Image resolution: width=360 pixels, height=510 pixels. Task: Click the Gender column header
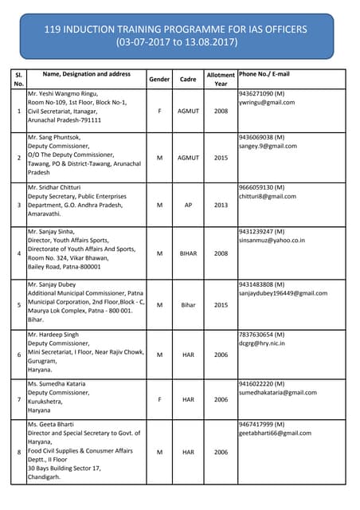tap(159, 79)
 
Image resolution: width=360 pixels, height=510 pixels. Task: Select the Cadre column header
tap(188, 79)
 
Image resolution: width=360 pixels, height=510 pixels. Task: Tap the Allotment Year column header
tap(221, 79)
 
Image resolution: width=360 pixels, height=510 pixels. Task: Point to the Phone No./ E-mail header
tap(264, 74)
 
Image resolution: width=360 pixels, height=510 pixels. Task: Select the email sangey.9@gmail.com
tap(268, 146)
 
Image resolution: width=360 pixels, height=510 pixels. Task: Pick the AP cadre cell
tap(188, 205)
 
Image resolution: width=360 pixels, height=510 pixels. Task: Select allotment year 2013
tap(221, 205)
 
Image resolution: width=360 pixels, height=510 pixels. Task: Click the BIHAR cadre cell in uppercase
tap(188, 253)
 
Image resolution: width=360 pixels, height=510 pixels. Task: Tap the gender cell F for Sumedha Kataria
tap(159, 399)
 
